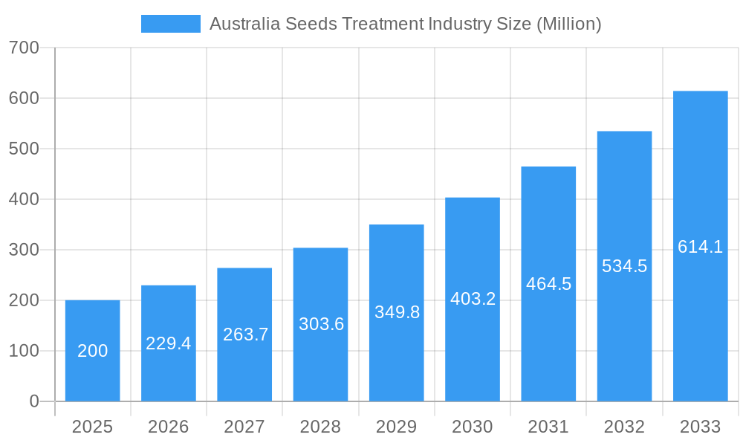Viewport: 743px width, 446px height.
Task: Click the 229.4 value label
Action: [169, 343]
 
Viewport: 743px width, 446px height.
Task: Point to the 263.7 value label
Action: [245, 334]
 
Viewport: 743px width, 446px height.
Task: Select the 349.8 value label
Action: [397, 312]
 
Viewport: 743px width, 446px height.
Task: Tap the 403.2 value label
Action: [473, 299]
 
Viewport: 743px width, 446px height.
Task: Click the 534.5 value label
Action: [624, 266]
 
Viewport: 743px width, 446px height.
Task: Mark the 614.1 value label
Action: [700, 247]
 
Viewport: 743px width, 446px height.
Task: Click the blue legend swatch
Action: [170, 24]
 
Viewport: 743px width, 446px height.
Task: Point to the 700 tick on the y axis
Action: [24, 48]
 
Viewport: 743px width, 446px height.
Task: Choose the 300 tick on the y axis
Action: [24, 250]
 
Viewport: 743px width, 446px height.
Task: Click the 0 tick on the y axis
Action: [34, 401]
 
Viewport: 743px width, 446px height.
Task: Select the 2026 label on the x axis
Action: [169, 427]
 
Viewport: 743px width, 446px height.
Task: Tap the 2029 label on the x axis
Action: [397, 427]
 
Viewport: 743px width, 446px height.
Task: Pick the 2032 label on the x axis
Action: [624, 427]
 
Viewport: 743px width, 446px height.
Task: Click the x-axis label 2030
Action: [473, 427]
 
